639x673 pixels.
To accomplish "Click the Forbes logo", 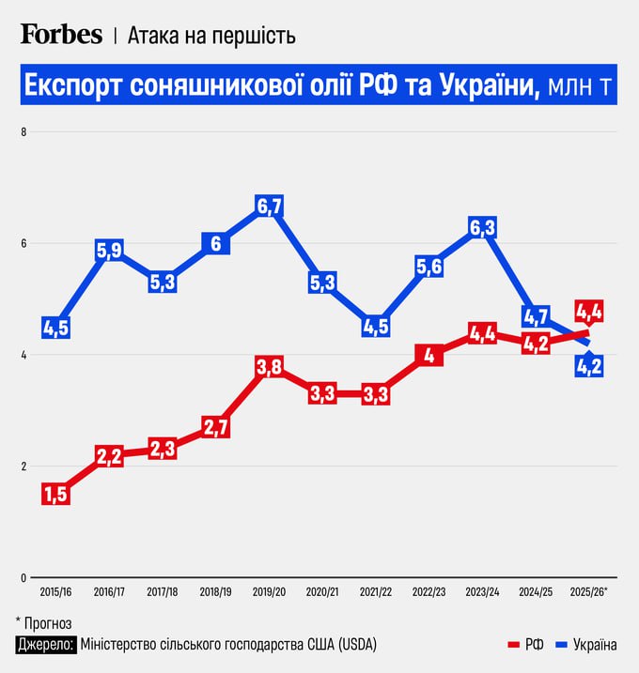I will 61,34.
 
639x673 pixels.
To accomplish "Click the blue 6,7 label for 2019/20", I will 270,206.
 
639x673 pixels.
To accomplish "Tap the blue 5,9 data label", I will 109,251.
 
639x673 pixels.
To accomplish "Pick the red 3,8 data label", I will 270,368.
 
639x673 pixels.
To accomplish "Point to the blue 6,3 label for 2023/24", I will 482,228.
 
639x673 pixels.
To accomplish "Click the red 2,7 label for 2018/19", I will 215,427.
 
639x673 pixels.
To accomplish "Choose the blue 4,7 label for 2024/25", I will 536,316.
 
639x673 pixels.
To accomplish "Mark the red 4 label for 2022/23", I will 429,356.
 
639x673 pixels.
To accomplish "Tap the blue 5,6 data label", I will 429,268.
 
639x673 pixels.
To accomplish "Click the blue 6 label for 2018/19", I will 215,244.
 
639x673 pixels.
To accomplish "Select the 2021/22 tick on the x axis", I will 376,593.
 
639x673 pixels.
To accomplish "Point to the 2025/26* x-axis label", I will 589,593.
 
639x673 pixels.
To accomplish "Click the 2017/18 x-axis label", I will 162,593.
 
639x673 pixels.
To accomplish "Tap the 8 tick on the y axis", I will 24,132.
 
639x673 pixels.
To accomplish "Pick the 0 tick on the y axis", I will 24,578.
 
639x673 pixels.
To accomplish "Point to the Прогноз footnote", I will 48,622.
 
